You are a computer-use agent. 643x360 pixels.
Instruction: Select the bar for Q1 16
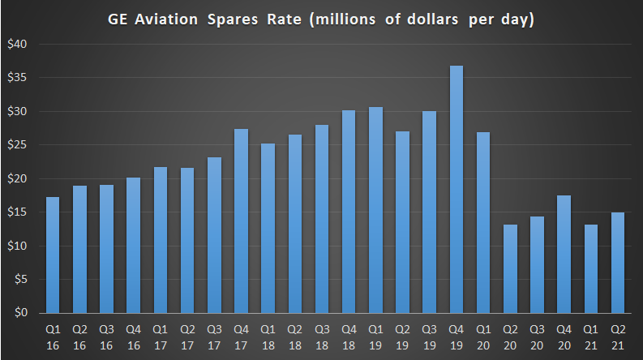53,255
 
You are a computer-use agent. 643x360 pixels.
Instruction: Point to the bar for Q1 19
375,210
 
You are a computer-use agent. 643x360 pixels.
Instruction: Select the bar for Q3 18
322,219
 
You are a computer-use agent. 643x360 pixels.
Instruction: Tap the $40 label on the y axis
19,45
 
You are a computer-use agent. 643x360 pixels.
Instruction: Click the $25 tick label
19,145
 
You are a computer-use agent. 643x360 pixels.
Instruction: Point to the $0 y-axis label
22,313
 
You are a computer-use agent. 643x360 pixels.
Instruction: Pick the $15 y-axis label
19,212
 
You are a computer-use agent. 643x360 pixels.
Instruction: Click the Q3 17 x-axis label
214,336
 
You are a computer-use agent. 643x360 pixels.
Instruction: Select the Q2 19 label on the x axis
402,336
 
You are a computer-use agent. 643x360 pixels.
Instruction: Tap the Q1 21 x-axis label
591,336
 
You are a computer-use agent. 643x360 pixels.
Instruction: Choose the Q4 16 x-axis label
133,336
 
